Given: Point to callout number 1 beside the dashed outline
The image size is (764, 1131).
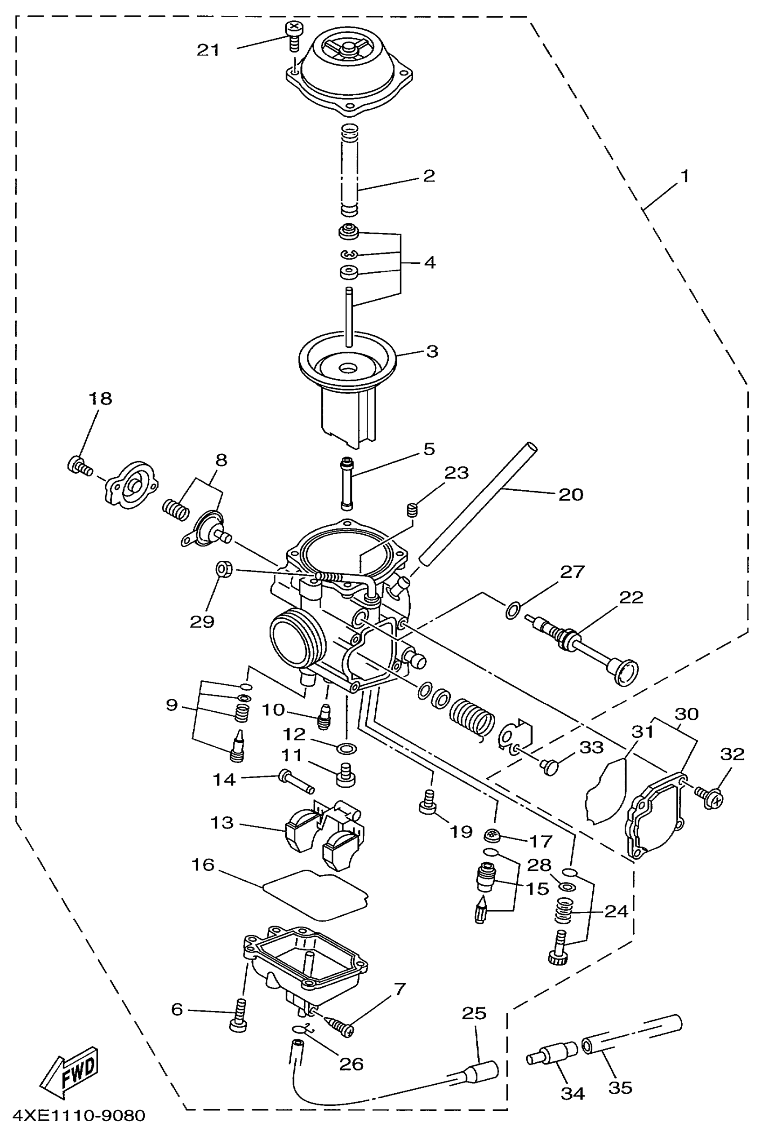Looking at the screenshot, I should click(684, 176).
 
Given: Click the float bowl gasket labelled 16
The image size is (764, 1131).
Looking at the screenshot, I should click(315, 892).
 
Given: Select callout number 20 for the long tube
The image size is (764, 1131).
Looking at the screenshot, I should click(570, 494).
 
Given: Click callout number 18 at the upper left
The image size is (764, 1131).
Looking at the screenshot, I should click(100, 399).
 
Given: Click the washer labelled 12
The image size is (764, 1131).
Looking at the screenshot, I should click(346, 748).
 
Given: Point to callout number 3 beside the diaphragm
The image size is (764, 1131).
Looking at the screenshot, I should click(431, 351).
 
